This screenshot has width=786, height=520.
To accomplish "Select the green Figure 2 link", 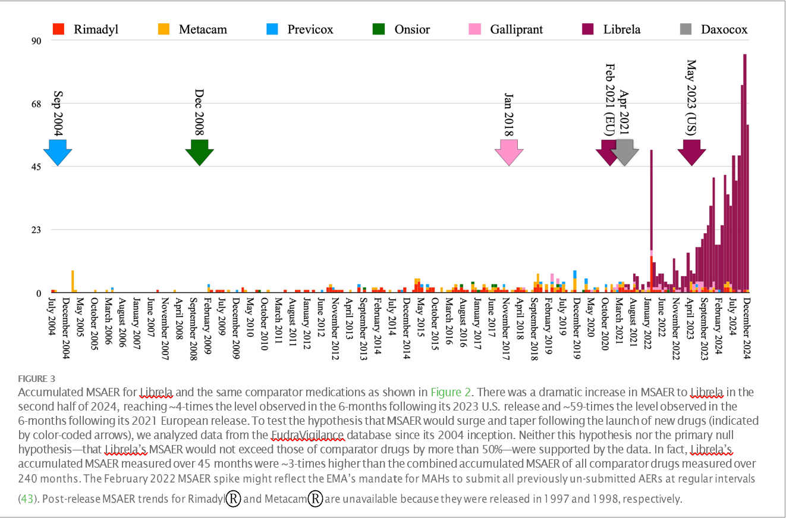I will click(451, 391).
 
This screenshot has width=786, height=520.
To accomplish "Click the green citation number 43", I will click(27, 498).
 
